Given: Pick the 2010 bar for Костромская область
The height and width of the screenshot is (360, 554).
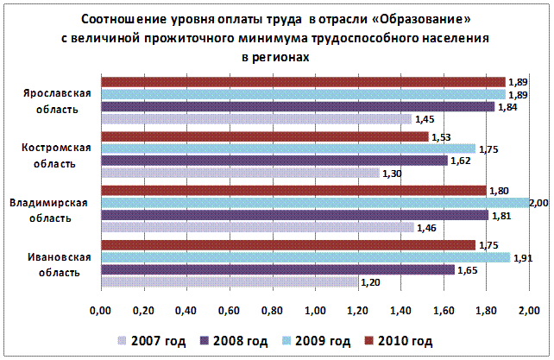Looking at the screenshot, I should pyautogui.click(x=265, y=136).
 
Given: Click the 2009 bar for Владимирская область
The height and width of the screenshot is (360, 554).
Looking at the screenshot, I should pyautogui.click(x=316, y=202).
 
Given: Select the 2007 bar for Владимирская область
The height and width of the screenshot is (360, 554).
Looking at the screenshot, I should pyautogui.click(x=258, y=227).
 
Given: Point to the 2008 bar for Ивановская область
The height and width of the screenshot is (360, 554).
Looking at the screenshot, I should pyautogui.click(x=278, y=269).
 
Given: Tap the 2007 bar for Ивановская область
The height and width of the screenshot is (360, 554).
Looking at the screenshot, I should pyautogui.click(x=230, y=281).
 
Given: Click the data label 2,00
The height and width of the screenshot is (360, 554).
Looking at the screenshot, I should pyautogui.click(x=539, y=203).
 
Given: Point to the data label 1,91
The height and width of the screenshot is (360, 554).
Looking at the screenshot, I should pyautogui.click(x=524, y=257).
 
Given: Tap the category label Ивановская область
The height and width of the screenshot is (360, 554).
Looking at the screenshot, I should pyautogui.click(x=52, y=264).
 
